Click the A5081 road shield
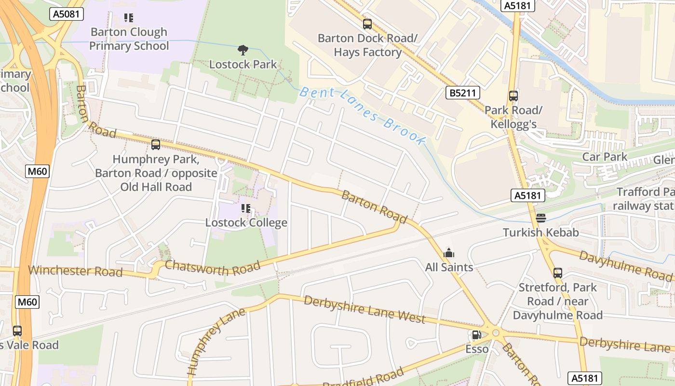click(67, 14)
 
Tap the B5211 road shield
click(462, 93)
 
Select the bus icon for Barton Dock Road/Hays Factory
click(367, 24)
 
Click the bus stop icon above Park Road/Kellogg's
click(513, 96)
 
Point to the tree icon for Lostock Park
click(243, 50)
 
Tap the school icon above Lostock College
click(246, 208)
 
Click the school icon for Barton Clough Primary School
click(129, 18)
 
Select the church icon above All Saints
click(449, 253)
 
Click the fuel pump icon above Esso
click(476, 335)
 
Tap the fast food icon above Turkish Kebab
click(540, 218)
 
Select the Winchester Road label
click(75, 270)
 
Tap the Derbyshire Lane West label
click(364, 309)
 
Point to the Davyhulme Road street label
click(625, 265)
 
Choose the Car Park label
click(605, 157)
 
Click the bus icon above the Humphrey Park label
click(155, 145)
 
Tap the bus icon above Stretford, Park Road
click(558, 273)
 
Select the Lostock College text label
click(246, 223)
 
